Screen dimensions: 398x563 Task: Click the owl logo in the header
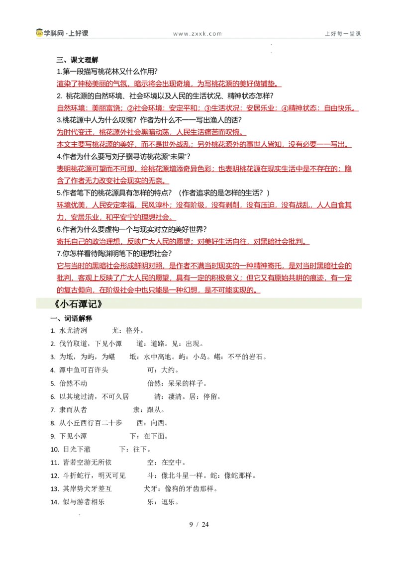[39, 33]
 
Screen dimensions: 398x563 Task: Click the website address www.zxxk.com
[197, 34]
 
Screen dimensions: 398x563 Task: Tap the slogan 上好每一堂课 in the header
[343, 34]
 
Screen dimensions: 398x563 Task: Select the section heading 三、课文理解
[77, 60]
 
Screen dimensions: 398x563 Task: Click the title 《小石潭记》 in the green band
[78, 304]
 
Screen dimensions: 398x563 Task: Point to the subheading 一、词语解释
[71, 318]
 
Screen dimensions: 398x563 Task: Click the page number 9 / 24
[199, 524]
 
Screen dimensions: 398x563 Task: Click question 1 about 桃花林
[107, 72]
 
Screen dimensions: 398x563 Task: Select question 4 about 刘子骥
[123, 157]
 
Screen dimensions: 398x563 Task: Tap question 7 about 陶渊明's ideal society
[114, 254]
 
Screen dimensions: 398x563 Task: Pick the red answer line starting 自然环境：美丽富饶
[207, 108]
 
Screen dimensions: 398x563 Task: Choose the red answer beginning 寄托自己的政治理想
[183, 242]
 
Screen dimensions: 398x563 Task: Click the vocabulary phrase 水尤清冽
[73, 331]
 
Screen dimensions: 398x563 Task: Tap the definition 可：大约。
[163, 370]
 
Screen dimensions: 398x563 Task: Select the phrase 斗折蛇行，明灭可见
[95, 476]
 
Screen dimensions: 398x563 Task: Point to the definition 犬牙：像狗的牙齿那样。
[181, 489]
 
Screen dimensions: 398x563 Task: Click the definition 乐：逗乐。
[163, 502]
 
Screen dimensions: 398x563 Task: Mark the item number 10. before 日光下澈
[55, 450]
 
